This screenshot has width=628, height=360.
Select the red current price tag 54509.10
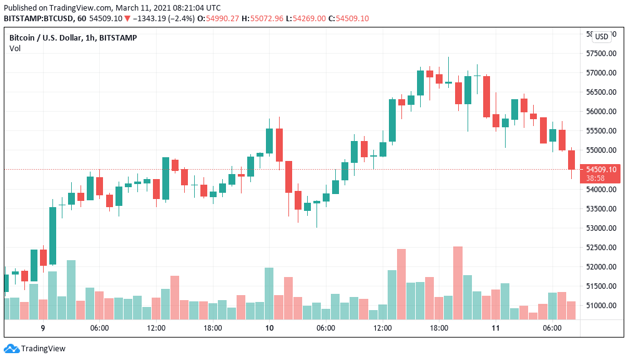(601, 169)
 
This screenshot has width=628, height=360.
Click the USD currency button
(601, 37)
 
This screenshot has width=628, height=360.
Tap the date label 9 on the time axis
(43, 328)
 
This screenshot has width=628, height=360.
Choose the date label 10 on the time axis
(269, 328)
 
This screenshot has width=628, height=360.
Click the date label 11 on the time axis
(496, 328)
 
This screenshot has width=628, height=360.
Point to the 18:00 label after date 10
(439, 328)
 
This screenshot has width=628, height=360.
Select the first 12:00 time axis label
(156, 328)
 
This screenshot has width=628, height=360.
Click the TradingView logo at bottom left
(35, 349)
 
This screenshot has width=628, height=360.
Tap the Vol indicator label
(15, 49)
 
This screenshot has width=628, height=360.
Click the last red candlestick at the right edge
(571, 160)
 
